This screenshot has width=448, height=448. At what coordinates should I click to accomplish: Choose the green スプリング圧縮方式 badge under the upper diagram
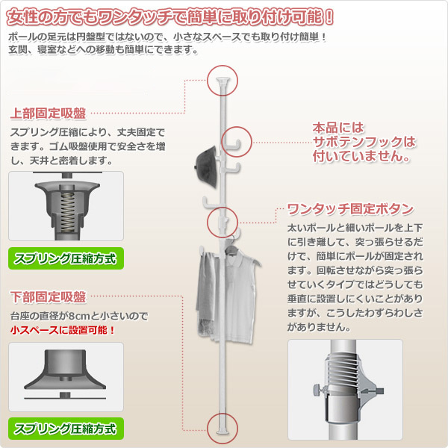coord(65,260)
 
